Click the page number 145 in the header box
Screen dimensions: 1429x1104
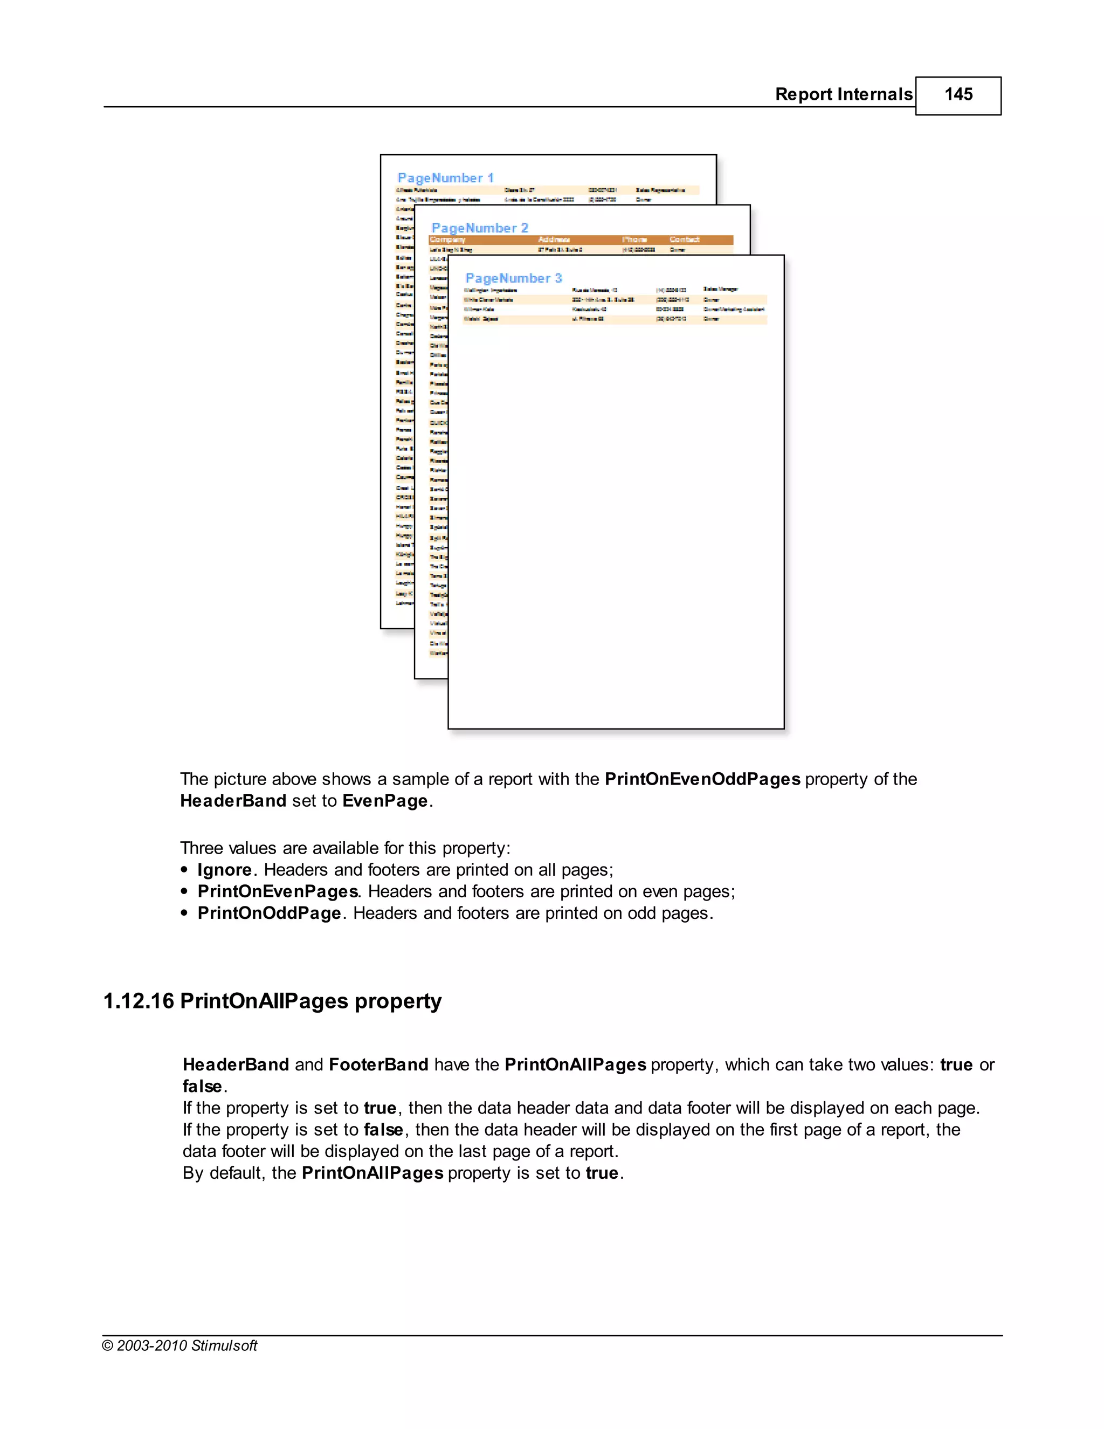(957, 95)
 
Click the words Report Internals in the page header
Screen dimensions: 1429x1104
(843, 95)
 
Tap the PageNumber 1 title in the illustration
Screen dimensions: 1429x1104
(445, 178)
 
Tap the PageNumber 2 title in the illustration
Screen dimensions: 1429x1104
(479, 228)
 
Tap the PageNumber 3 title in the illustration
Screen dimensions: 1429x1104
(513, 278)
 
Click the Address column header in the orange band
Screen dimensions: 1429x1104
(554, 239)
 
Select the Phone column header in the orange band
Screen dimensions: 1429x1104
(634, 239)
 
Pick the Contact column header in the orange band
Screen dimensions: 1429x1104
(684, 239)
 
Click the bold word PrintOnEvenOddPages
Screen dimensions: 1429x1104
(702, 779)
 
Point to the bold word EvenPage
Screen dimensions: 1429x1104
(384, 801)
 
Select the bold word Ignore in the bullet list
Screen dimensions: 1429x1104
(224, 870)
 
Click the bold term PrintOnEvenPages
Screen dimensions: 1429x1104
(277, 891)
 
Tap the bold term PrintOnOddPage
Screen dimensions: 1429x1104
(269, 913)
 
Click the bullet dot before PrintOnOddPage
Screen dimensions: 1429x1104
(184, 913)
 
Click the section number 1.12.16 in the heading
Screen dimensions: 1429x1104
(139, 1001)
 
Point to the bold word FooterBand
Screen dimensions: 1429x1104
(378, 1064)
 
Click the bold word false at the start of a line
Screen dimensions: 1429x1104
(202, 1087)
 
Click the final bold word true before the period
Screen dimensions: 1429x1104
(602, 1173)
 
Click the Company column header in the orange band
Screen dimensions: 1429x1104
(447, 239)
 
